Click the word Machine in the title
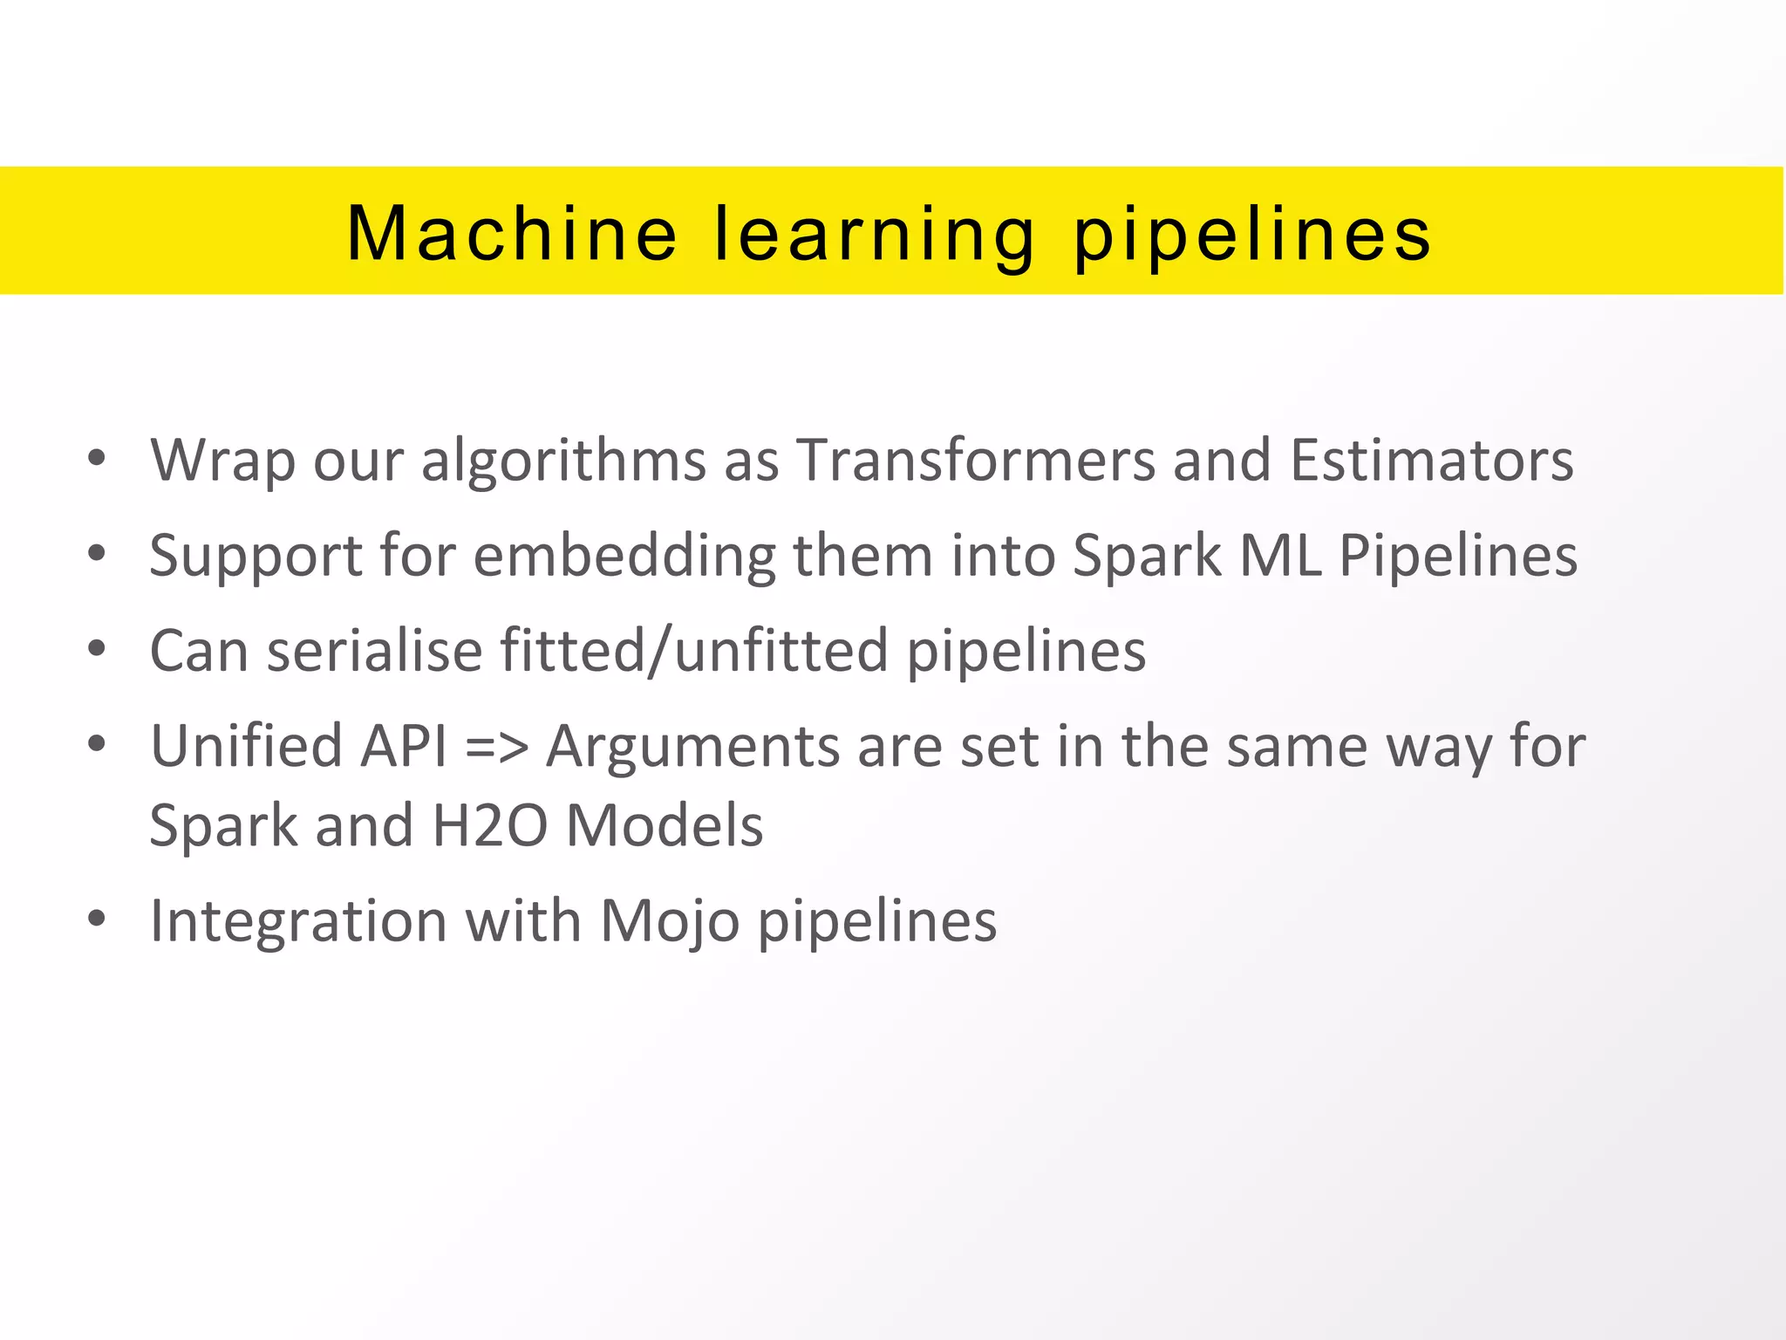click(x=511, y=233)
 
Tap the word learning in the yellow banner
click(x=875, y=236)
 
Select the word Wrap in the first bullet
click(x=222, y=461)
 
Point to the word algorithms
click(x=563, y=461)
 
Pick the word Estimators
click(x=1431, y=461)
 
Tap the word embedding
click(x=624, y=557)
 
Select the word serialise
click(x=374, y=651)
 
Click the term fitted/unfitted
click(x=694, y=651)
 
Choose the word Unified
click(x=246, y=746)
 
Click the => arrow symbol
click(x=497, y=748)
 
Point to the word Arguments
click(x=692, y=748)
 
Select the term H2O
click(x=489, y=825)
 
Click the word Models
click(x=665, y=825)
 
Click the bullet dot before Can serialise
click(x=97, y=649)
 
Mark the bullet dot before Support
click(x=97, y=553)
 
